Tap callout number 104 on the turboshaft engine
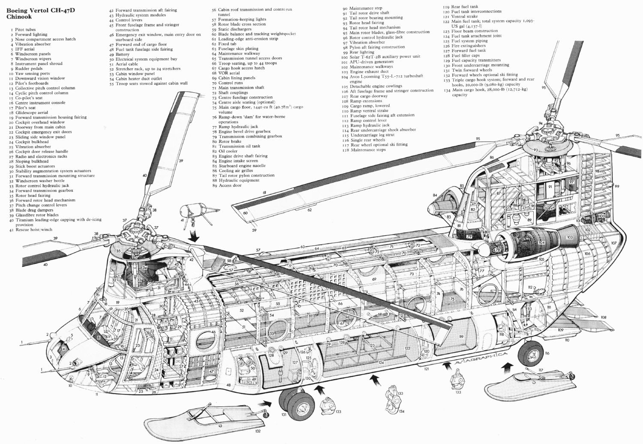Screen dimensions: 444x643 541,243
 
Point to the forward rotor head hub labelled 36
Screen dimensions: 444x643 136,237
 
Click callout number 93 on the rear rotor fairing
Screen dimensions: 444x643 536,150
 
